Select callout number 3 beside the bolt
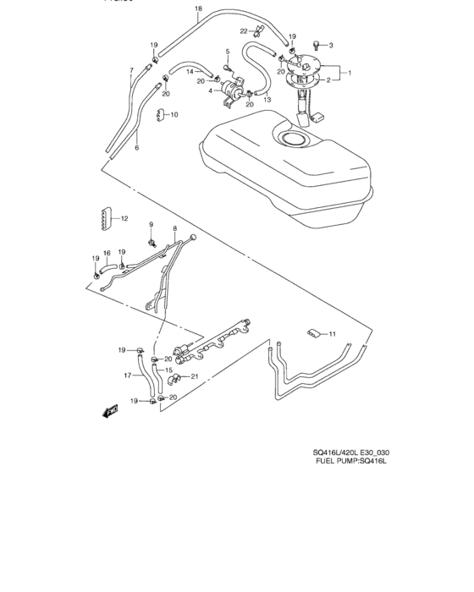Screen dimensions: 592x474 331,45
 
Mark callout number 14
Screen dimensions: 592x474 190,72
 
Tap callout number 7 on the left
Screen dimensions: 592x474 131,70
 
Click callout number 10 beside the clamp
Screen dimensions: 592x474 174,114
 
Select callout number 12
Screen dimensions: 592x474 124,218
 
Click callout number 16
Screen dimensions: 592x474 107,252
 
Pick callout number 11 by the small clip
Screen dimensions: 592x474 333,333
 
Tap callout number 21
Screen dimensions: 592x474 195,376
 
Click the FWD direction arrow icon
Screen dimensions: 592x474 109,412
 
